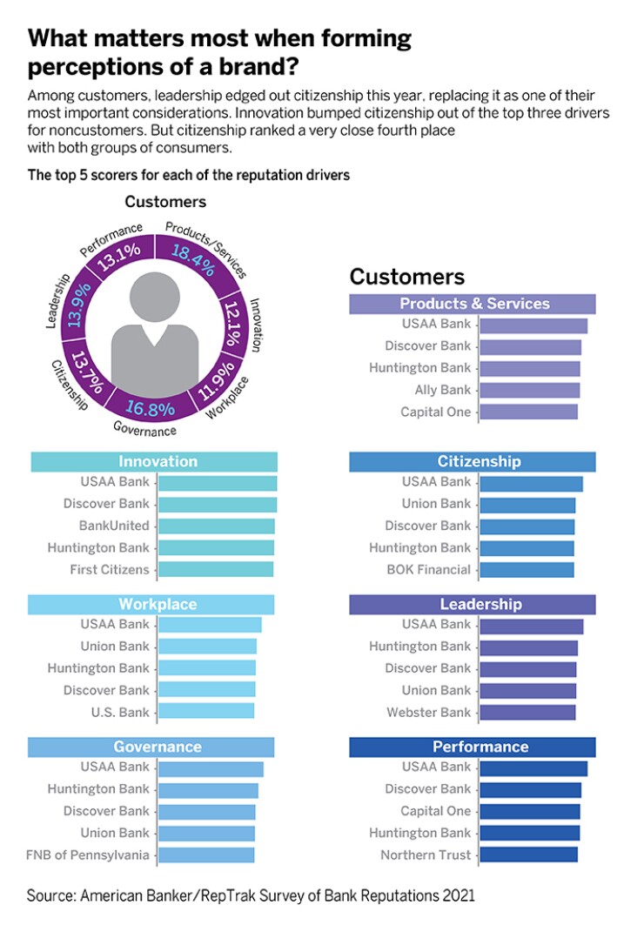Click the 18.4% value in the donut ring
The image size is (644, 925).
192,260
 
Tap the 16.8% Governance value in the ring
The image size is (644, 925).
150,406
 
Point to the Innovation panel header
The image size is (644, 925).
154,461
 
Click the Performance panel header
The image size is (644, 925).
473,747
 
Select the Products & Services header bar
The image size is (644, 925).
473,304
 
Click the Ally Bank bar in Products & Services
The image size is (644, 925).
529,391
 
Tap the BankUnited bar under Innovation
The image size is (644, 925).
216,526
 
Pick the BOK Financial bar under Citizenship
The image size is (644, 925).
527,570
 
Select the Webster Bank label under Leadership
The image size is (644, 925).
428,712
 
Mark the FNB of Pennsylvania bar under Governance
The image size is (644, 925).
206,855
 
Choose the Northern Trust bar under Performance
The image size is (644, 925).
528,855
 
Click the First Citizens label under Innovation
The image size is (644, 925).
110,570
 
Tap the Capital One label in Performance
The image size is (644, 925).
435,811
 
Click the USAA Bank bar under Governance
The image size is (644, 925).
211,768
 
